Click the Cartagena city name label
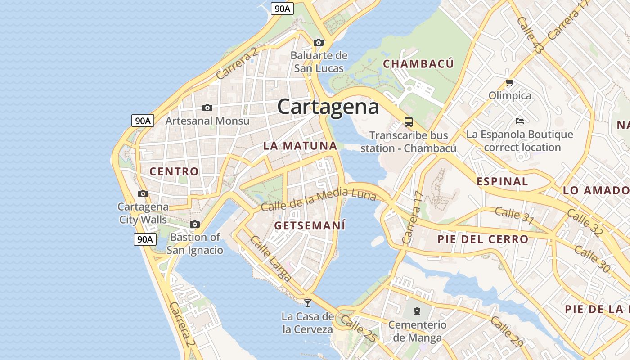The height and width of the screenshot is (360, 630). click(328, 107)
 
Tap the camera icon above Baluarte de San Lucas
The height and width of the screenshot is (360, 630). click(319, 43)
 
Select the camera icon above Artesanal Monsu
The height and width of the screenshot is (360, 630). click(207, 108)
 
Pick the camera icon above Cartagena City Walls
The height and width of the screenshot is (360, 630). click(143, 194)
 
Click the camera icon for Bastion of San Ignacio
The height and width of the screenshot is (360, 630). click(195, 224)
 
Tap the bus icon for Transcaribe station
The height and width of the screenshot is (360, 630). click(408, 121)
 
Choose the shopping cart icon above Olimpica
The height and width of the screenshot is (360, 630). click(509, 82)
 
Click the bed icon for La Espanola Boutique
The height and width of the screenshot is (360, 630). click(519, 121)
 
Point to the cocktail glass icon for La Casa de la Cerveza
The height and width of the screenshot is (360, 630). click(308, 303)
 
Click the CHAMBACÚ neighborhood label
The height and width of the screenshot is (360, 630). click(418, 64)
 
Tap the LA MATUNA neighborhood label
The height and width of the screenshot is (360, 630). click(300, 146)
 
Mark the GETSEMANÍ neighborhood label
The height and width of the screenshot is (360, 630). click(310, 225)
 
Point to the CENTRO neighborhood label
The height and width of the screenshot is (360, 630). click(174, 171)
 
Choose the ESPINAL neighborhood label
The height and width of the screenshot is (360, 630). click(502, 182)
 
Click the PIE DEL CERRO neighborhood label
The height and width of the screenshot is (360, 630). click(482, 239)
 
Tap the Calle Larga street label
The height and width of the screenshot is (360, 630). click(270, 259)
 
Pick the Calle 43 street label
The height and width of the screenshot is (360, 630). click(531, 35)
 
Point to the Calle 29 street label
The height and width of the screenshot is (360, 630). click(507, 332)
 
